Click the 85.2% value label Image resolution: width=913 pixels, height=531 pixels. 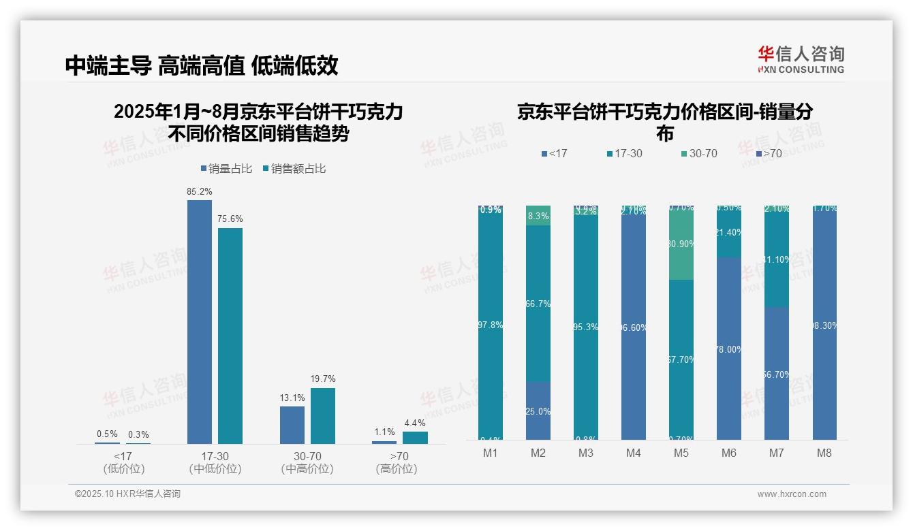pos(199,192)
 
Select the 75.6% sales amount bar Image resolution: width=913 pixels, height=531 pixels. pos(230,336)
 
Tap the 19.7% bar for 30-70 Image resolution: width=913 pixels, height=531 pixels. pos(323,416)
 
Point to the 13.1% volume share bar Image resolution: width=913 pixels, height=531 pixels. pos(292,425)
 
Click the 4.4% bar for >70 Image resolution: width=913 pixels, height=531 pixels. pos(415,438)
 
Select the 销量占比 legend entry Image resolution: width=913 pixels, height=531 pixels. pos(228,169)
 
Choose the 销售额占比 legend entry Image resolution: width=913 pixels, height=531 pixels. pos(294,169)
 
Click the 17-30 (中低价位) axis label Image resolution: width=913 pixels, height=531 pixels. pos(215,462)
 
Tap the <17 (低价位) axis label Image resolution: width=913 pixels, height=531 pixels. pos(123,462)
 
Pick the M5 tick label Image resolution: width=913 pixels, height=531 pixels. pos(681,453)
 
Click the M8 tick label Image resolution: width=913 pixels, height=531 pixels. pos(824,453)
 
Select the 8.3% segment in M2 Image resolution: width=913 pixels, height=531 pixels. pos(538,216)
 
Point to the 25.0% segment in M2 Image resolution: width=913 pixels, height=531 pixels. pos(538,411)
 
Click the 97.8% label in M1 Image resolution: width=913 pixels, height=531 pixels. pos(491,325)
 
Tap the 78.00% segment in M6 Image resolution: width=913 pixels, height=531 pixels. pos(729,349)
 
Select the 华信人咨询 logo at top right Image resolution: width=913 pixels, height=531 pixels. pos(801,59)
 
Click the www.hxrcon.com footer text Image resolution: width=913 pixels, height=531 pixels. pos(791,494)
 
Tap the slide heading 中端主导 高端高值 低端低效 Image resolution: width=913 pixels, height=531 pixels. pos(202,66)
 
